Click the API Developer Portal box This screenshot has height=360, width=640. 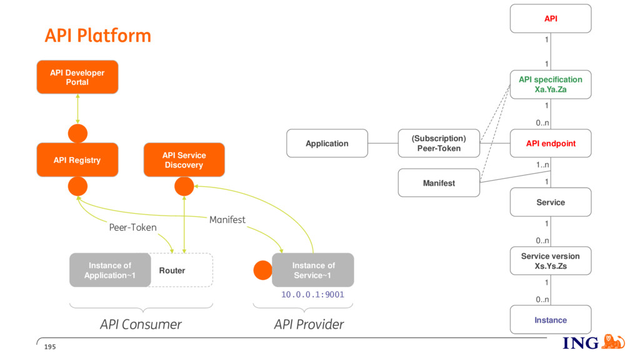77,77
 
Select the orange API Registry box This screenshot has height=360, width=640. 77,159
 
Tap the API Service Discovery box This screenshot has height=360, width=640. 184,159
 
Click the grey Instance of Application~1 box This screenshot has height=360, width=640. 110,270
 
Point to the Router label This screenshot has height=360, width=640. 172,271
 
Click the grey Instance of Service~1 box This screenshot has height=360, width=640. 313,270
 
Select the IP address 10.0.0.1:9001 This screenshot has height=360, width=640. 312,294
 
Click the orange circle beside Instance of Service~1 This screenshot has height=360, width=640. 262,270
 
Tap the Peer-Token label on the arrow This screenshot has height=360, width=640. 132,227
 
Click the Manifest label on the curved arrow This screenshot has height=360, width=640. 227,219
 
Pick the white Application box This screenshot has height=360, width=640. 327,143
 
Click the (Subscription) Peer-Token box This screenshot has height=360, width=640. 439,143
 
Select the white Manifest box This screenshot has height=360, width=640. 439,183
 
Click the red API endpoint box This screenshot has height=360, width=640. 551,143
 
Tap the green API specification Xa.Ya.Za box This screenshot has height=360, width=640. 551,84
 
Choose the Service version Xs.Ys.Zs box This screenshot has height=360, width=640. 551,261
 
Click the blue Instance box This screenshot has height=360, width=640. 551,319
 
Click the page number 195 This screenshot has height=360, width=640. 50,347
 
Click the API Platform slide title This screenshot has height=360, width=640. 98,36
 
